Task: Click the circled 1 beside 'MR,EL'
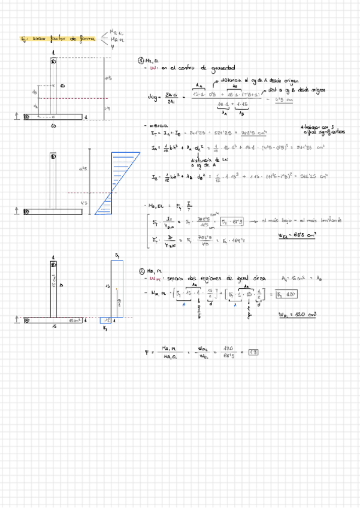[x=140, y=61]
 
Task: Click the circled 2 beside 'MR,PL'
[x=140, y=271]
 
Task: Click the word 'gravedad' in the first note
[x=222, y=68]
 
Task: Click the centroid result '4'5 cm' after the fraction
[x=275, y=100]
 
